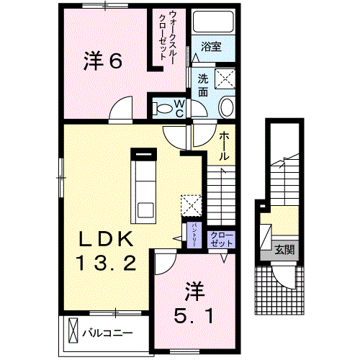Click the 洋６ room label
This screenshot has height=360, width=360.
(x=102, y=61)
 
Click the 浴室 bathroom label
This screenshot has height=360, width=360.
(x=211, y=46)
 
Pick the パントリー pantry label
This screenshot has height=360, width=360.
(x=194, y=235)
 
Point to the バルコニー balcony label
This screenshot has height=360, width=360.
(x=107, y=333)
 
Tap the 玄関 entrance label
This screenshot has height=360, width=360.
(x=284, y=251)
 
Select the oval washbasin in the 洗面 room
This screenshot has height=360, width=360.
(x=225, y=108)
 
